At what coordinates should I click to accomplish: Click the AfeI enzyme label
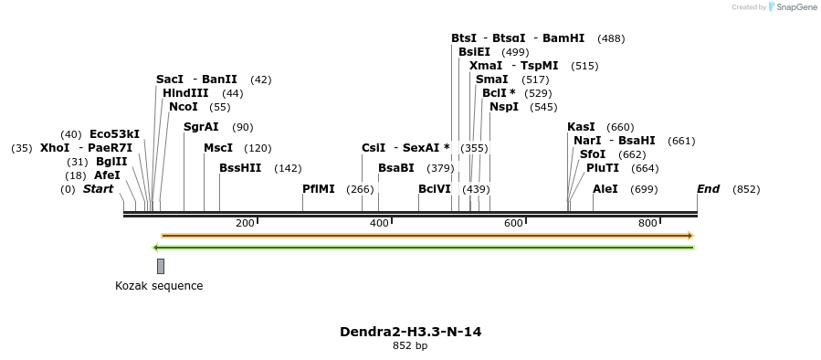point(107,175)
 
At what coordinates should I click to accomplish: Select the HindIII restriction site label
point(185,93)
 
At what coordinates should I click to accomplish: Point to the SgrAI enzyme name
point(201,127)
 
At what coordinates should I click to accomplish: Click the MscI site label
point(218,148)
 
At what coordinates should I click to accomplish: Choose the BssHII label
point(240,168)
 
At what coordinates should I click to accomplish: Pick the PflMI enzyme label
point(319,189)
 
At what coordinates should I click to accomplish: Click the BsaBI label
point(396,168)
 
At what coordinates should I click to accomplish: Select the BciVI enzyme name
point(435,189)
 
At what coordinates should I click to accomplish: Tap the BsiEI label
point(474,52)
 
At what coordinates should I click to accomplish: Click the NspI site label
point(504,107)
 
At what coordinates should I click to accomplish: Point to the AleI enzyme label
point(605,189)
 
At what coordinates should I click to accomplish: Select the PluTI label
point(603,168)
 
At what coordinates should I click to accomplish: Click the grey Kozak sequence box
point(161,266)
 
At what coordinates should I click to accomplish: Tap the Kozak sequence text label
point(159,286)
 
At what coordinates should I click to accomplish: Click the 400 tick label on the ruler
point(379,224)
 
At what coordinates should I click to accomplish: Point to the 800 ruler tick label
point(647,224)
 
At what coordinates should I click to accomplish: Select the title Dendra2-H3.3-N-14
point(410,332)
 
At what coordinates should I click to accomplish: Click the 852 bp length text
point(410,346)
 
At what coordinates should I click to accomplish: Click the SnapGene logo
point(793,7)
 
